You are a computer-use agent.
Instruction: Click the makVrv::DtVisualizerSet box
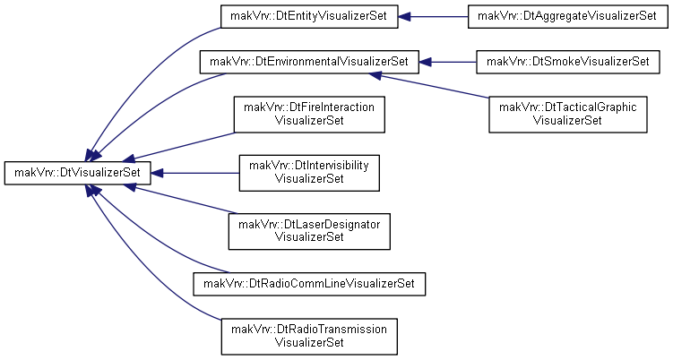[78, 173]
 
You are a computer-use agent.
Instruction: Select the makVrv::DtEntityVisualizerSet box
[309, 17]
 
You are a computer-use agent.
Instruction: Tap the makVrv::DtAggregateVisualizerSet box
[567, 17]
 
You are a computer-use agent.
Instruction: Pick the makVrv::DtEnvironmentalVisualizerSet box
[309, 62]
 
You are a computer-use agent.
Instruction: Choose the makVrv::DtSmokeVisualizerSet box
[568, 62]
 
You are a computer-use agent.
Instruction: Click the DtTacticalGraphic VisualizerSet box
[568, 114]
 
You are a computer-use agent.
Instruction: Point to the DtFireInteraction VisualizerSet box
[309, 114]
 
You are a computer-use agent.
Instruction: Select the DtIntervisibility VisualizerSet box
[309, 173]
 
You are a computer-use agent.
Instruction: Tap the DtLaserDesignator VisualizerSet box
[309, 231]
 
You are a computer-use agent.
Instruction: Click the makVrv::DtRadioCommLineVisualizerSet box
[309, 284]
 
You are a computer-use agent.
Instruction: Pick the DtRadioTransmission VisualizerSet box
[309, 337]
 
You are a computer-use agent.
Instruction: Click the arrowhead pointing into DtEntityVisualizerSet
[405, 17]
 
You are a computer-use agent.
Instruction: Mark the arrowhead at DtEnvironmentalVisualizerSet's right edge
[426, 62]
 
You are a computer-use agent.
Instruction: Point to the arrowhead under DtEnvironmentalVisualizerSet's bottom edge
[375, 75]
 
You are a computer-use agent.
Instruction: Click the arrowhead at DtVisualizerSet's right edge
[158, 173]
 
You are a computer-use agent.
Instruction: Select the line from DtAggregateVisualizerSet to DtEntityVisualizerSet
[439, 17]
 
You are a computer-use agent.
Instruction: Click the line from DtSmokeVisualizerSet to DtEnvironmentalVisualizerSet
[453, 62]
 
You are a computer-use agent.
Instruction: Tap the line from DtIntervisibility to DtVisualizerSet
[201, 173]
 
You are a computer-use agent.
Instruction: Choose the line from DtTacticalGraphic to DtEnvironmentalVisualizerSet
[435, 87]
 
